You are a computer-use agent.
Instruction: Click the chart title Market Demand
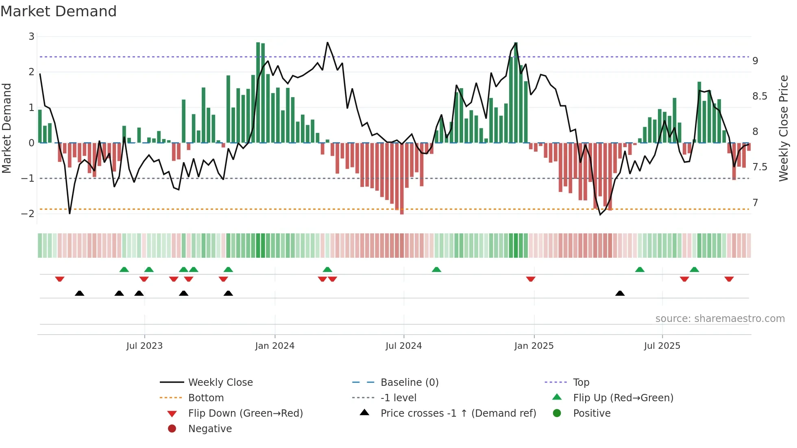[x=59, y=11]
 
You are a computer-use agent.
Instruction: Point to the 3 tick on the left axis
[x=31, y=37]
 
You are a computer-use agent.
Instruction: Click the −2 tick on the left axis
[x=28, y=213]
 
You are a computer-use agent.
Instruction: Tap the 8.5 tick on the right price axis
[x=760, y=96]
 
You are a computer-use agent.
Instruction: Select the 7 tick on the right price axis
[x=755, y=202]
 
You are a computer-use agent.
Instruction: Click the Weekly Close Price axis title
[x=783, y=128]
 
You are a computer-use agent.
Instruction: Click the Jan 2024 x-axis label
[x=274, y=346]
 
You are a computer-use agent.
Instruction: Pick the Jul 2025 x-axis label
[x=662, y=346]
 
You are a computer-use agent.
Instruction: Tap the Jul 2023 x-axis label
[x=144, y=346]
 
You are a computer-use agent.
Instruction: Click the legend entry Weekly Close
[x=220, y=383]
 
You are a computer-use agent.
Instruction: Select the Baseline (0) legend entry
[x=409, y=383]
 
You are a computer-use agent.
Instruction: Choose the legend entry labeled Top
[x=581, y=383]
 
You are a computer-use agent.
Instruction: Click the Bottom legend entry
[x=206, y=398]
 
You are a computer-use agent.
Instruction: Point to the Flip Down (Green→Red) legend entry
[x=245, y=413]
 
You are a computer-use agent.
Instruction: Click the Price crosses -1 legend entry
[x=458, y=413]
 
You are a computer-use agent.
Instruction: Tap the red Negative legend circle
[x=172, y=429]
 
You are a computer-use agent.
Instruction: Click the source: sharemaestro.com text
[x=720, y=319]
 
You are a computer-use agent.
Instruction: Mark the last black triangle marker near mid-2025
[x=620, y=294]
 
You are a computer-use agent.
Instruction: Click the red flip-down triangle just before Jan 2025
[x=531, y=279]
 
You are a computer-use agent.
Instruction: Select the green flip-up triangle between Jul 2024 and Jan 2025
[x=436, y=270]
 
